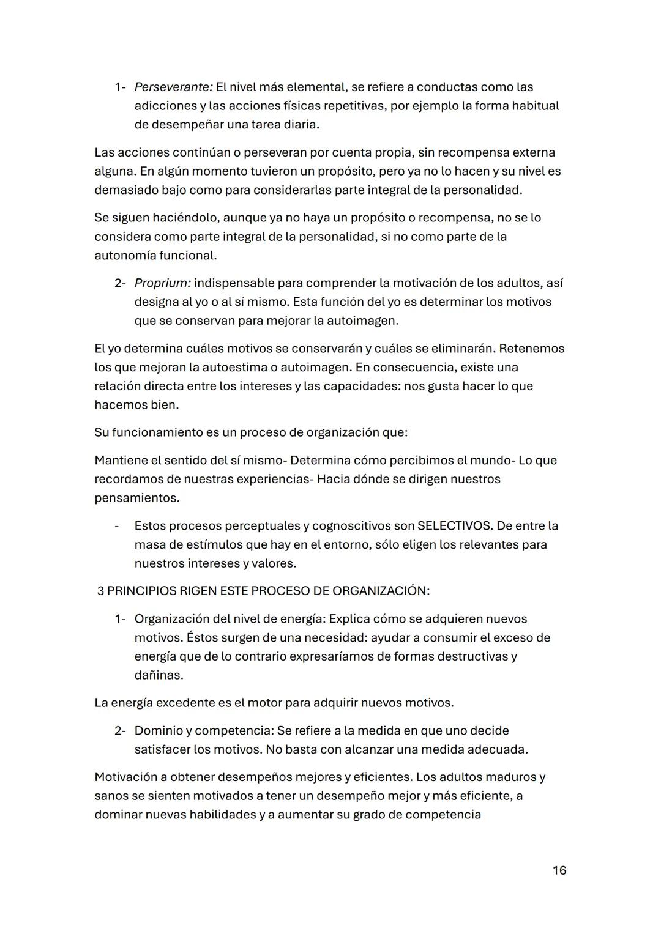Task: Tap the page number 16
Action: (x=559, y=870)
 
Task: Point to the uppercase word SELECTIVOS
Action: (x=454, y=526)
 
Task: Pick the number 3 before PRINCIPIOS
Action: (x=101, y=591)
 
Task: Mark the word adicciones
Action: (x=166, y=106)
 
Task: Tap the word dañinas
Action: (x=159, y=676)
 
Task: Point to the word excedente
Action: (x=184, y=703)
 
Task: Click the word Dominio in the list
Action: (x=156, y=731)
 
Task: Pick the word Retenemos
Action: (x=532, y=349)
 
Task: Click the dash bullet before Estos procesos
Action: (x=117, y=526)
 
